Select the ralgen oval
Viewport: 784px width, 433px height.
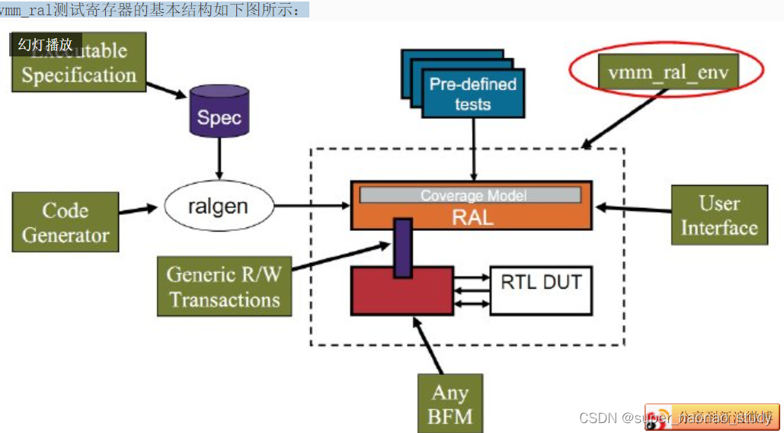click(x=218, y=206)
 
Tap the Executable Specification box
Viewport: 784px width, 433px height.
click(x=78, y=64)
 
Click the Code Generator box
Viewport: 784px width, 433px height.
click(x=66, y=222)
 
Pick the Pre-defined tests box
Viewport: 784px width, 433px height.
click(x=472, y=93)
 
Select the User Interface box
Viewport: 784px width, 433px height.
click(x=718, y=216)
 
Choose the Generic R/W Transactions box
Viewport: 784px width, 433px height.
click(x=224, y=287)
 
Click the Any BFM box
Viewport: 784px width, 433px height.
click(x=450, y=404)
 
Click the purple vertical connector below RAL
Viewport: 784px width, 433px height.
click(x=403, y=248)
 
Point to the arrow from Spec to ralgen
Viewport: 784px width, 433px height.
click(x=219, y=162)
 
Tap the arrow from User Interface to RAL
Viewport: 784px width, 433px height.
click(x=632, y=207)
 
